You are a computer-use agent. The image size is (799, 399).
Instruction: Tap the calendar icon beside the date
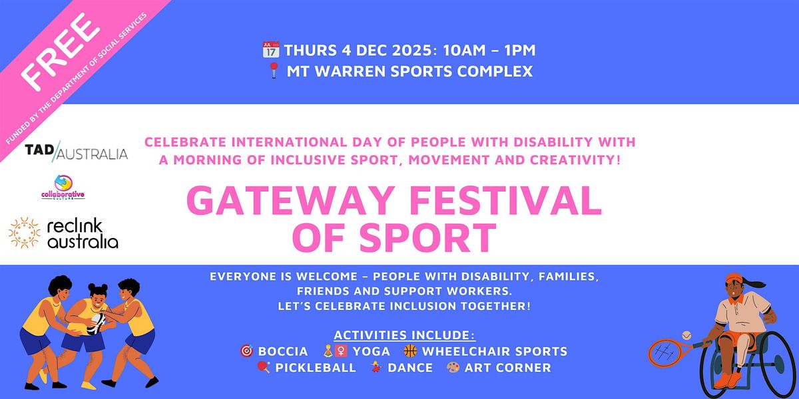pos(270,50)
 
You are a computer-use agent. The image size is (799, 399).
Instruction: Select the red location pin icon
pos(272,71)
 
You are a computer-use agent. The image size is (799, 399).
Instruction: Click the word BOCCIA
pos(283,351)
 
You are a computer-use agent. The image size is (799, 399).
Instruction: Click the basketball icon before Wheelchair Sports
pos(410,351)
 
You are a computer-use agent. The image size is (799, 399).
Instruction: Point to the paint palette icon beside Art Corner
pos(452,368)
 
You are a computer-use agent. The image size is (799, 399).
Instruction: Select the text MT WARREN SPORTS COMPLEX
pos(409,71)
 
